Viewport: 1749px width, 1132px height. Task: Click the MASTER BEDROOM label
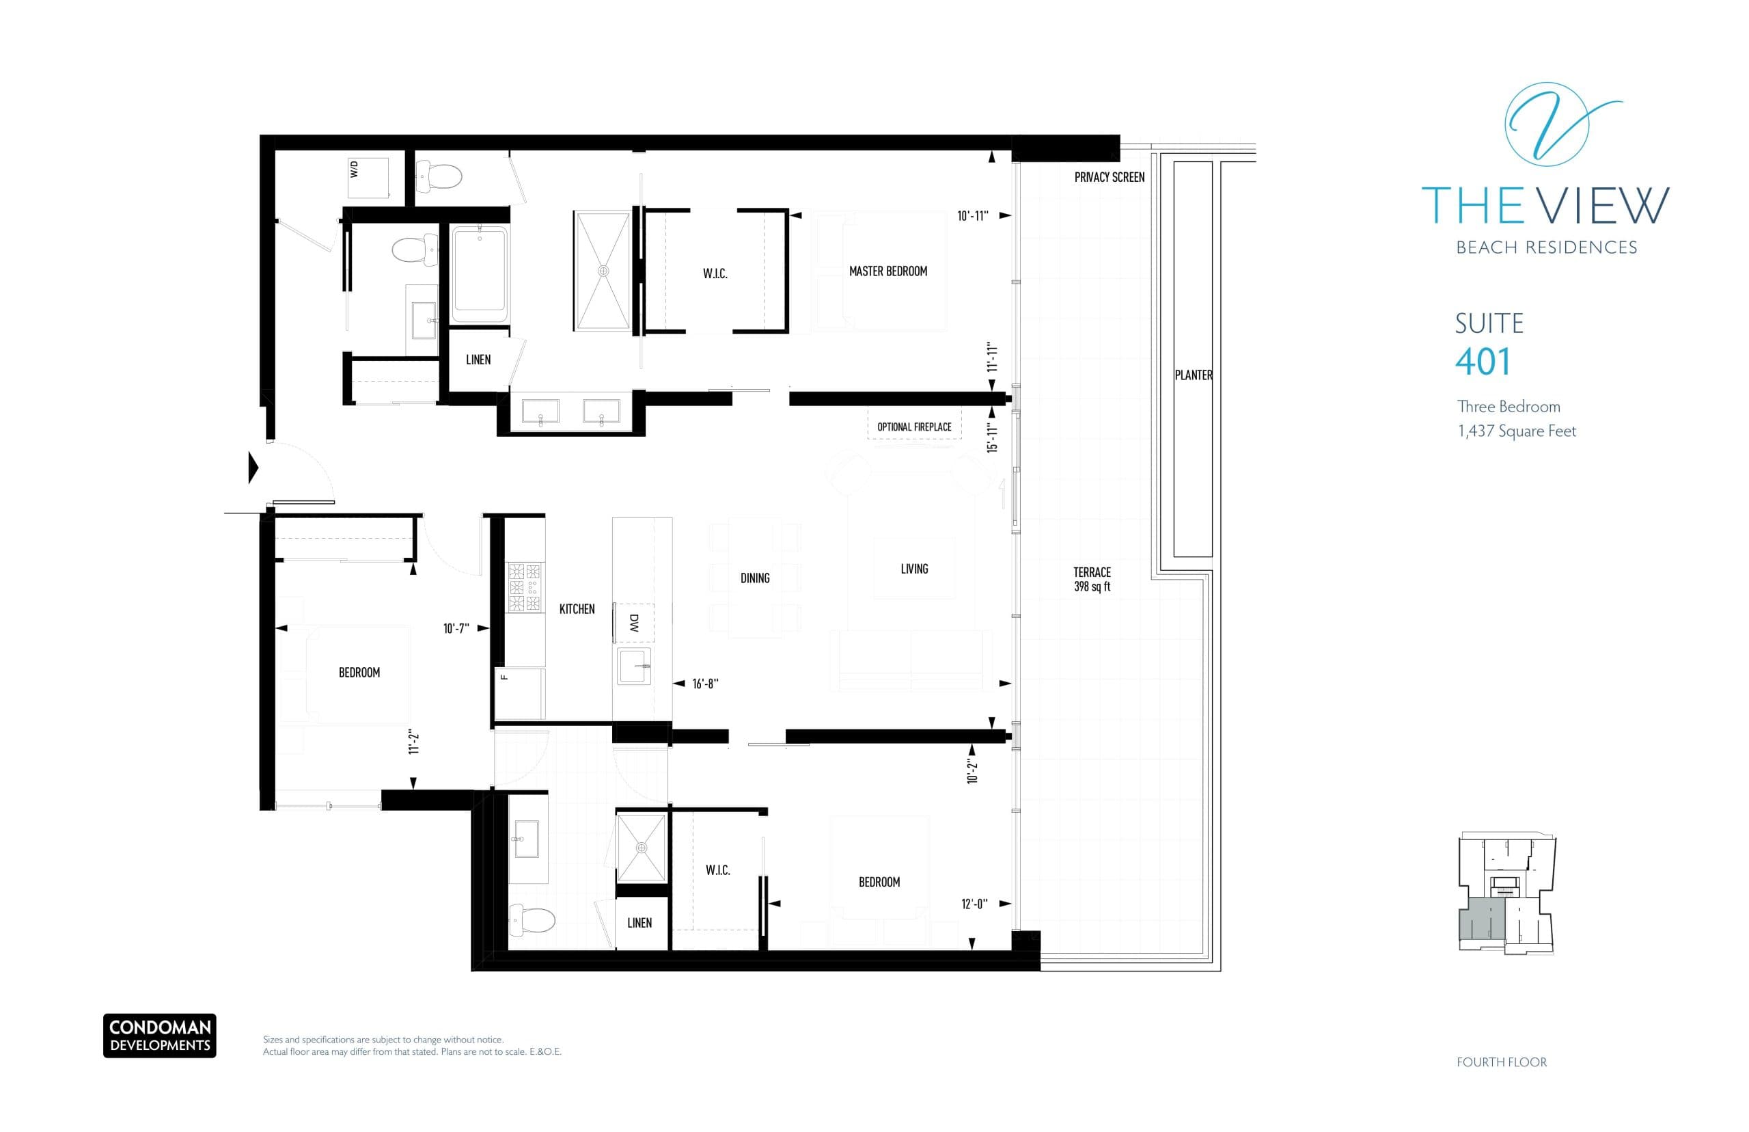[x=887, y=271]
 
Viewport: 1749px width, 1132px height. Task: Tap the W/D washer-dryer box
[x=368, y=177]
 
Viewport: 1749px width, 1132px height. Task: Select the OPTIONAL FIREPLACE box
[x=914, y=427]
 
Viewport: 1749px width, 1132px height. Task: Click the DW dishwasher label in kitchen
[x=634, y=623]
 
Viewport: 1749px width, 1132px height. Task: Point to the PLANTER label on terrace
[x=1193, y=375]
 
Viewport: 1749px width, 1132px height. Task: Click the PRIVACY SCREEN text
[x=1108, y=177]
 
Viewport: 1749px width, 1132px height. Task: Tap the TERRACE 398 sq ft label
[x=1092, y=578]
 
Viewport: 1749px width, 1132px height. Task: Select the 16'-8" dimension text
[x=704, y=684]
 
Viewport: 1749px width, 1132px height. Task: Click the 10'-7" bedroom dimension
[x=456, y=628]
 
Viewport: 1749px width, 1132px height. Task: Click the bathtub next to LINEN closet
[x=479, y=273]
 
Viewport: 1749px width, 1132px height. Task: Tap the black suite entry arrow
[x=253, y=468]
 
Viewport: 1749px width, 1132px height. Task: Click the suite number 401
[x=1483, y=362]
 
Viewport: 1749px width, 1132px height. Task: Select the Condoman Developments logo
[x=159, y=1036]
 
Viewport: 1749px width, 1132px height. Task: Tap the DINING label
[x=754, y=578]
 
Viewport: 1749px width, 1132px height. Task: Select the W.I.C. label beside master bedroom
[x=715, y=273]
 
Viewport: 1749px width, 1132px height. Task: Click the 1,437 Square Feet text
[x=1516, y=431]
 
